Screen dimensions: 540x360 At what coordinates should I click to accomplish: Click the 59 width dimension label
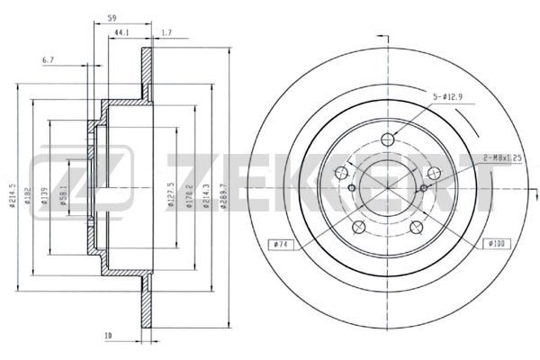pyautogui.click(x=112, y=18)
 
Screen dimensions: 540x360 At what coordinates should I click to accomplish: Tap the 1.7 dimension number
pyautogui.click(x=166, y=32)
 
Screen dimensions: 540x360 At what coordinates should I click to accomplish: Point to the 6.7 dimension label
pyautogui.click(x=48, y=60)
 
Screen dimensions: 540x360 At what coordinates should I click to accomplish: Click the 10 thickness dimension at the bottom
pyautogui.click(x=108, y=335)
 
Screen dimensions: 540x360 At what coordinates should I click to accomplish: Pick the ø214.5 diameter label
pyautogui.click(x=13, y=195)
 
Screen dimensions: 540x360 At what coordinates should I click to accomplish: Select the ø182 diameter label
pyautogui.click(x=28, y=195)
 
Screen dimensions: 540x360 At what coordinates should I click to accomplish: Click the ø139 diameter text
pyautogui.click(x=44, y=195)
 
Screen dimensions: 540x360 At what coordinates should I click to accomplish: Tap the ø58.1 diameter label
pyautogui.click(x=63, y=195)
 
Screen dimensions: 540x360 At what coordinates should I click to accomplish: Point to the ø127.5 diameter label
pyautogui.click(x=171, y=195)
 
